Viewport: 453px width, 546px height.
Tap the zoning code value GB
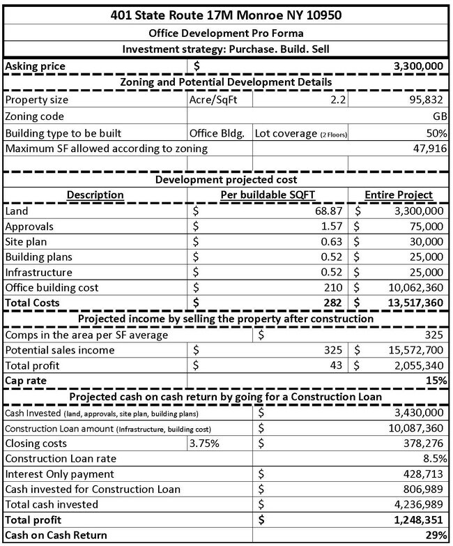[439, 116]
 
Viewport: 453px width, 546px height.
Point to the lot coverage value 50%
[436, 132]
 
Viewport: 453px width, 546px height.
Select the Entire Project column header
[400, 195]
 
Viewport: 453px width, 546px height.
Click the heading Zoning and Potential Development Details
[226, 82]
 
